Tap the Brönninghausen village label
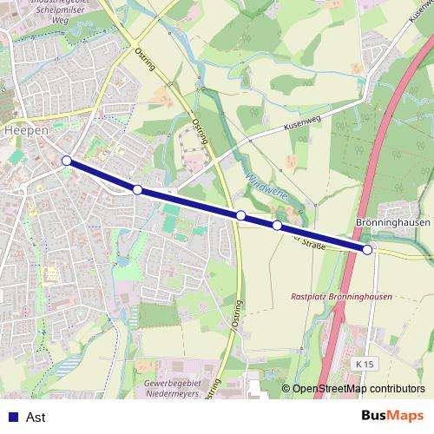(x=393, y=223)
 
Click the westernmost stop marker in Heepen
(x=67, y=161)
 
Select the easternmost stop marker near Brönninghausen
(x=367, y=250)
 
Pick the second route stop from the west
(x=137, y=189)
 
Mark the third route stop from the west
(x=240, y=214)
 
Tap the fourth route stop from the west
(x=277, y=226)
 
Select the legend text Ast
(x=36, y=418)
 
